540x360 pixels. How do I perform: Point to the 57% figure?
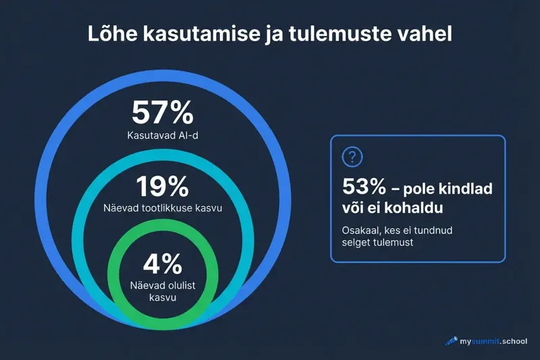tap(162, 112)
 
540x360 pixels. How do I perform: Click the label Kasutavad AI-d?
tap(162, 136)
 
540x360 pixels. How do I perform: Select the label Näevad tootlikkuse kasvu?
tap(162, 208)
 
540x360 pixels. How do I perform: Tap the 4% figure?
tap(162, 263)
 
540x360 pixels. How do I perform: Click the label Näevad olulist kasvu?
tap(162, 291)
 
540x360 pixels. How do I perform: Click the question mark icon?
tap(352, 157)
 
